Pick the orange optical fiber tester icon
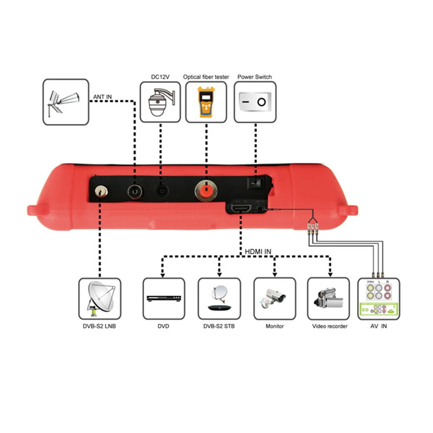(206, 103)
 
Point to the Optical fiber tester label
(206, 77)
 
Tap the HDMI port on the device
(240, 209)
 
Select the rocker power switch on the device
(256, 183)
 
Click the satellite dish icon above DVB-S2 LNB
(99, 299)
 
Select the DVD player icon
(163, 299)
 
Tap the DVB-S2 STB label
(219, 326)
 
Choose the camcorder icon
(328, 298)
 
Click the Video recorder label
(330, 326)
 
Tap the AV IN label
(378, 326)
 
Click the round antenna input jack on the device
(135, 191)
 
